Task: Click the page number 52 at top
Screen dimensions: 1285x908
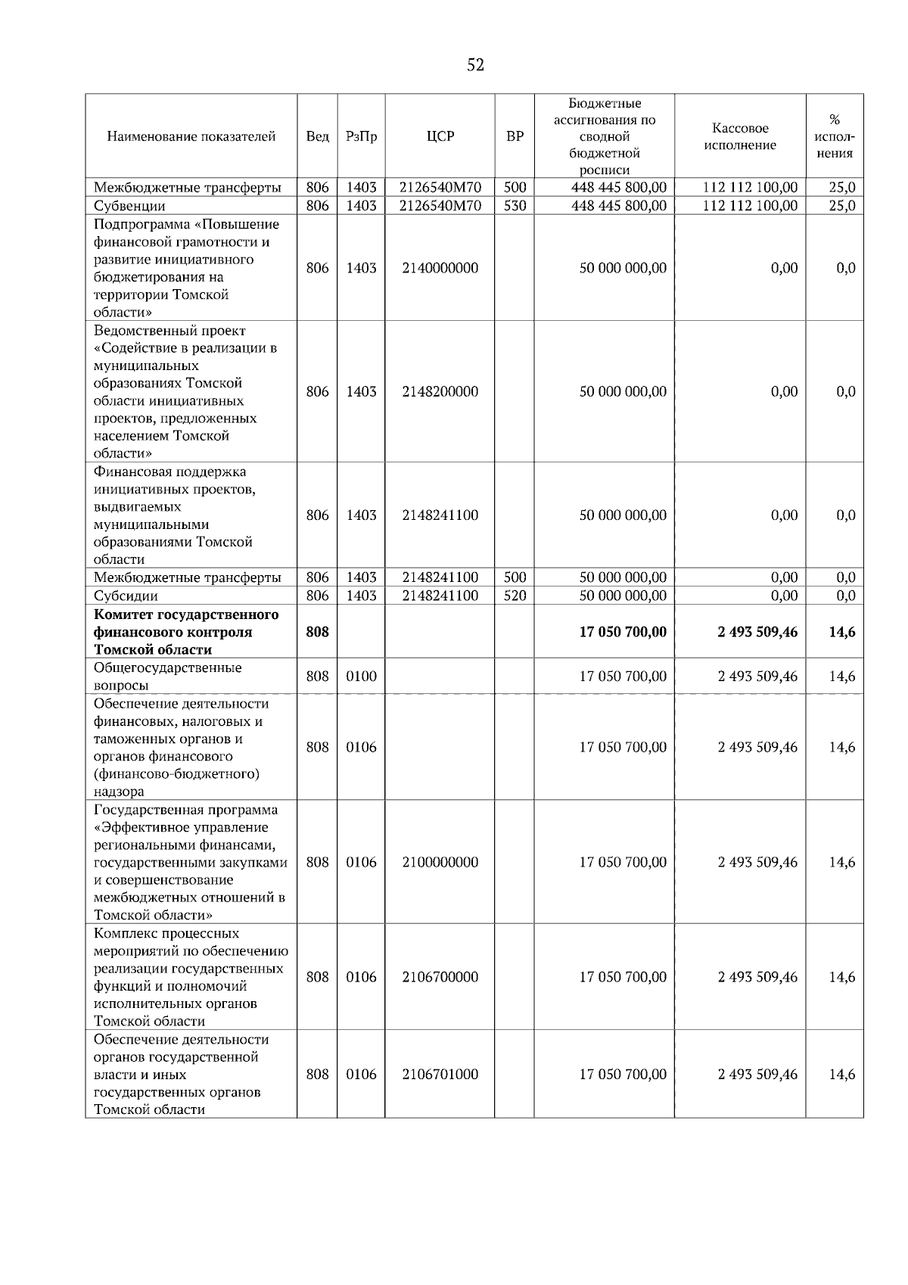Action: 475,65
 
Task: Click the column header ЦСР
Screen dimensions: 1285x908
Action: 440,137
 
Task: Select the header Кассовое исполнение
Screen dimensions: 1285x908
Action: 740,137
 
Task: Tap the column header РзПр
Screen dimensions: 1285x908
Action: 361,137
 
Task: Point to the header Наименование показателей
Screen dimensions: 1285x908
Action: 191,137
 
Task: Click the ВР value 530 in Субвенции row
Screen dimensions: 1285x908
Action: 515,206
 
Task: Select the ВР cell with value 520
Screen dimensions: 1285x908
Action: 515,596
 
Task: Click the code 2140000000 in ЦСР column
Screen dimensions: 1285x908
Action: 440,268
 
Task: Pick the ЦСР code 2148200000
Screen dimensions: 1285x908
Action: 440,391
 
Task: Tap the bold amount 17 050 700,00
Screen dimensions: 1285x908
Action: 623,632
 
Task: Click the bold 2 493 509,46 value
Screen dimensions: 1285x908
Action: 757,632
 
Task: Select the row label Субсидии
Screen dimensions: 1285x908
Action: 126,596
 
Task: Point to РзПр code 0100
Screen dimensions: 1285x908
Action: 361,677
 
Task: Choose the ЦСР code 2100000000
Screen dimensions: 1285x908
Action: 440,862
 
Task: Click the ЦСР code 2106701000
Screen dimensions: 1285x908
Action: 440,1075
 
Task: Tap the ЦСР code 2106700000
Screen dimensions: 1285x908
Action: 440,977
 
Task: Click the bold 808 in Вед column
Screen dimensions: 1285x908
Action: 317,632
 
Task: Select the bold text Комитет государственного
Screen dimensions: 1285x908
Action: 186,614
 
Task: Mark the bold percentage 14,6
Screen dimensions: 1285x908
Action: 841,632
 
